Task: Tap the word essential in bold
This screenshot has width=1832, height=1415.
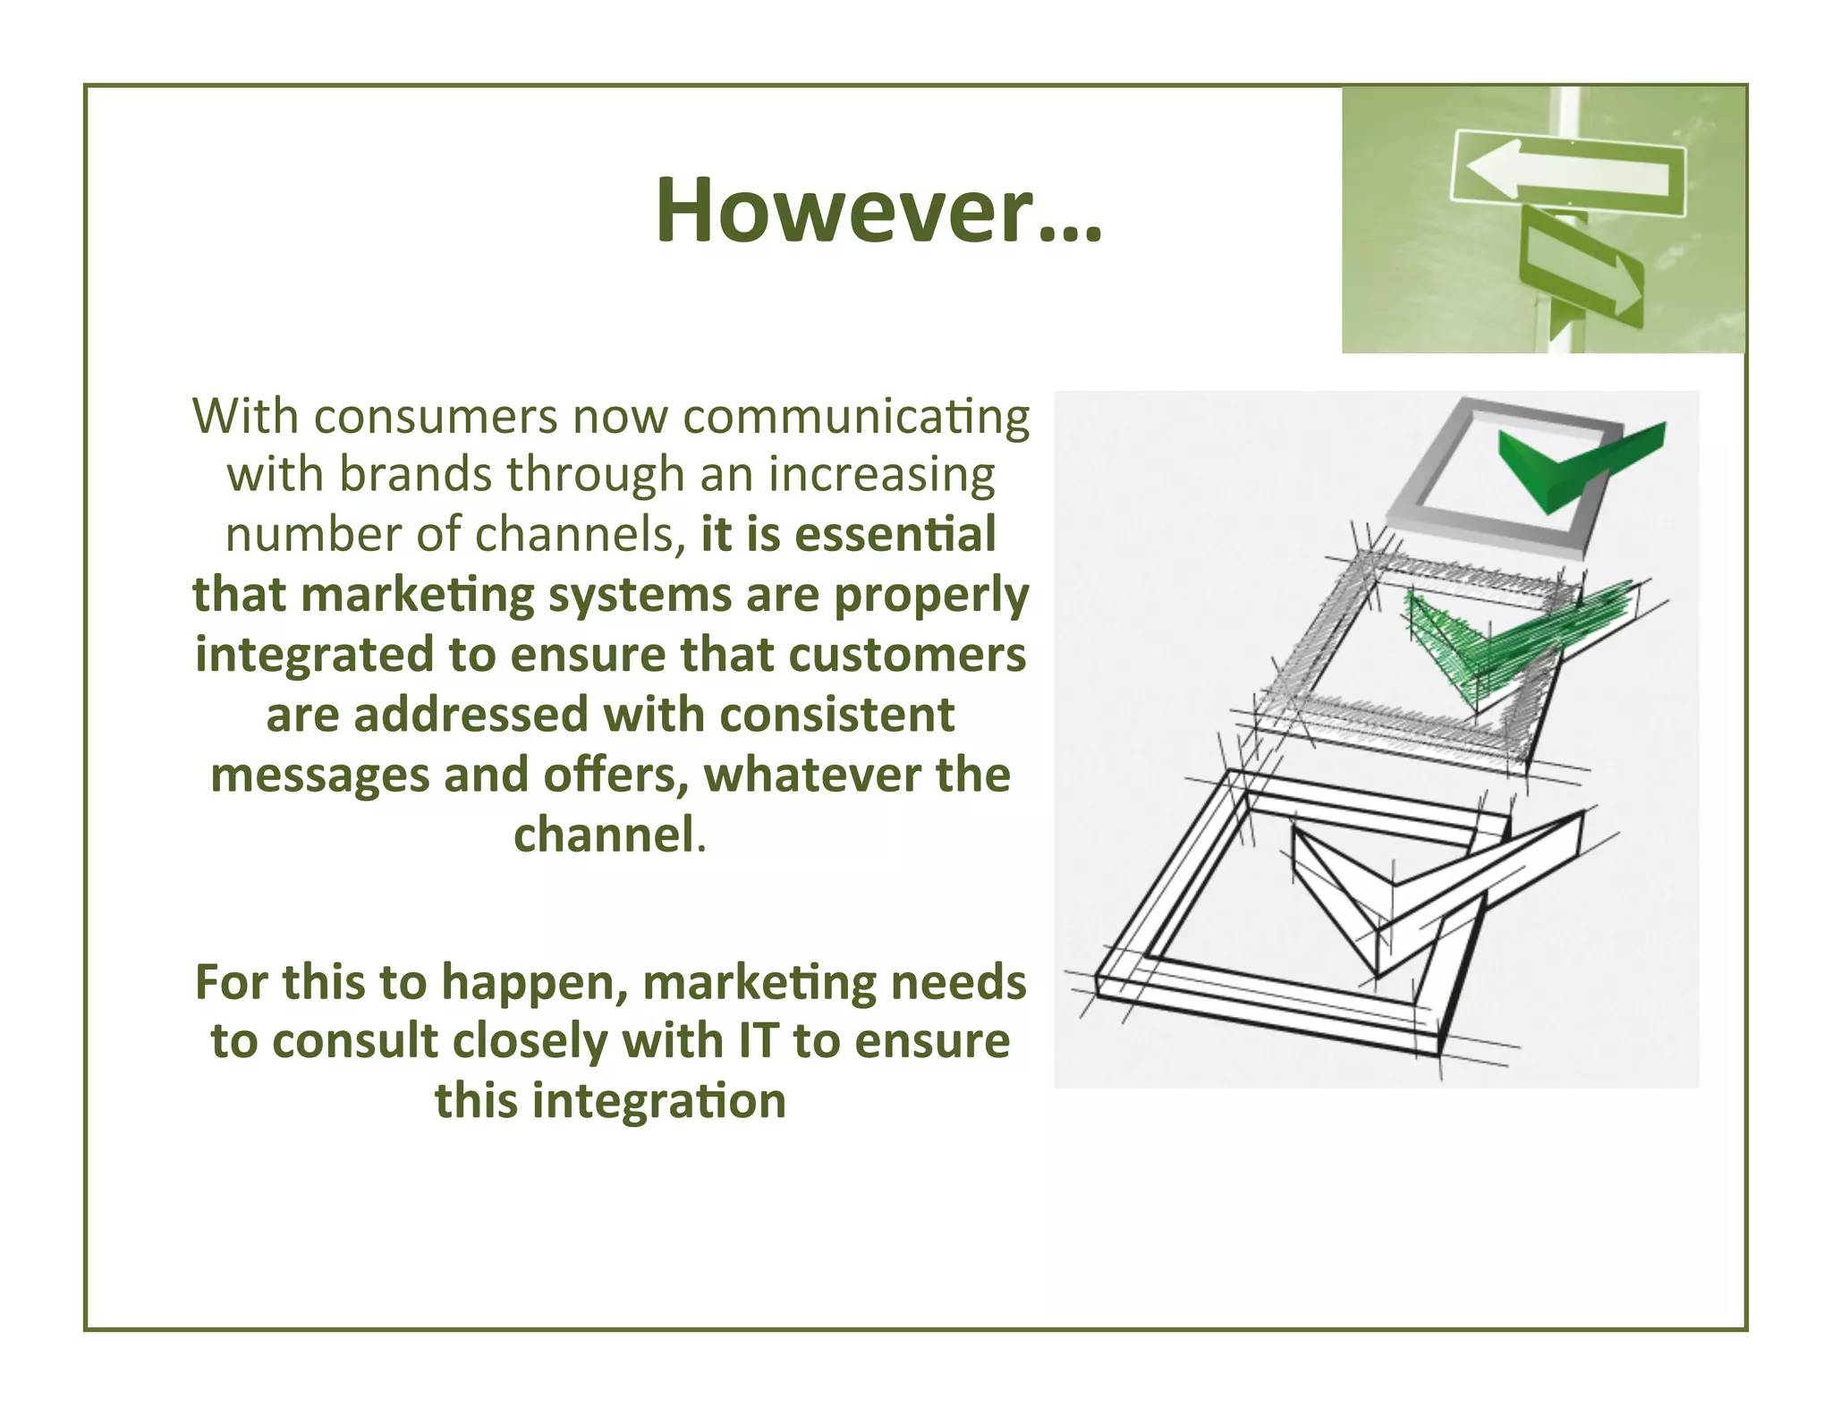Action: (895, 535)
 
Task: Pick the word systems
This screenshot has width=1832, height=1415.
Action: (640, 596)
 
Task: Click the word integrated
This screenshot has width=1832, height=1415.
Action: (314, 656)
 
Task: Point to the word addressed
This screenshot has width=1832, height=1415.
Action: (471, 716)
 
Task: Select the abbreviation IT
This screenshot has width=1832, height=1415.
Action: (759, 1041)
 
